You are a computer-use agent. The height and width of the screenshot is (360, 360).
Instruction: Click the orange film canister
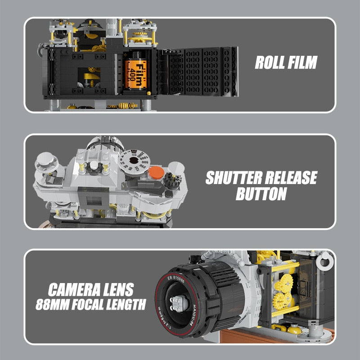tap(136, 73)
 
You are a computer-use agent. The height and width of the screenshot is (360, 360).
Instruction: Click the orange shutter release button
tap(155, 172)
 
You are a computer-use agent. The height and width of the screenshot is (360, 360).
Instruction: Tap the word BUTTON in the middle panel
tap(261, 194)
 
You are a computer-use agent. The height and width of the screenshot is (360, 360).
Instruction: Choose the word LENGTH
tap(128, 305)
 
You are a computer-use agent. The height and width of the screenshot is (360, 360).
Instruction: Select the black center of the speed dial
tap(134, 160)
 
